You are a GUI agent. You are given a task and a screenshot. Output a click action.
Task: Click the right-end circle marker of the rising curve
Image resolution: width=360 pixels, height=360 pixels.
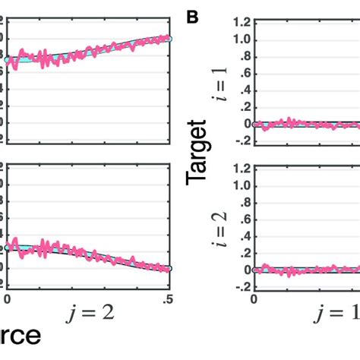(x=169, y=38)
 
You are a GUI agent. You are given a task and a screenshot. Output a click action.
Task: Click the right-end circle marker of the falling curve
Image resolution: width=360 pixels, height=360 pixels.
(x=169, y=268)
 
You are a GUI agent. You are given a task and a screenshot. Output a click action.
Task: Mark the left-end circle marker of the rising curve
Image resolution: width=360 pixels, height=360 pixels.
(x=7, y=59)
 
